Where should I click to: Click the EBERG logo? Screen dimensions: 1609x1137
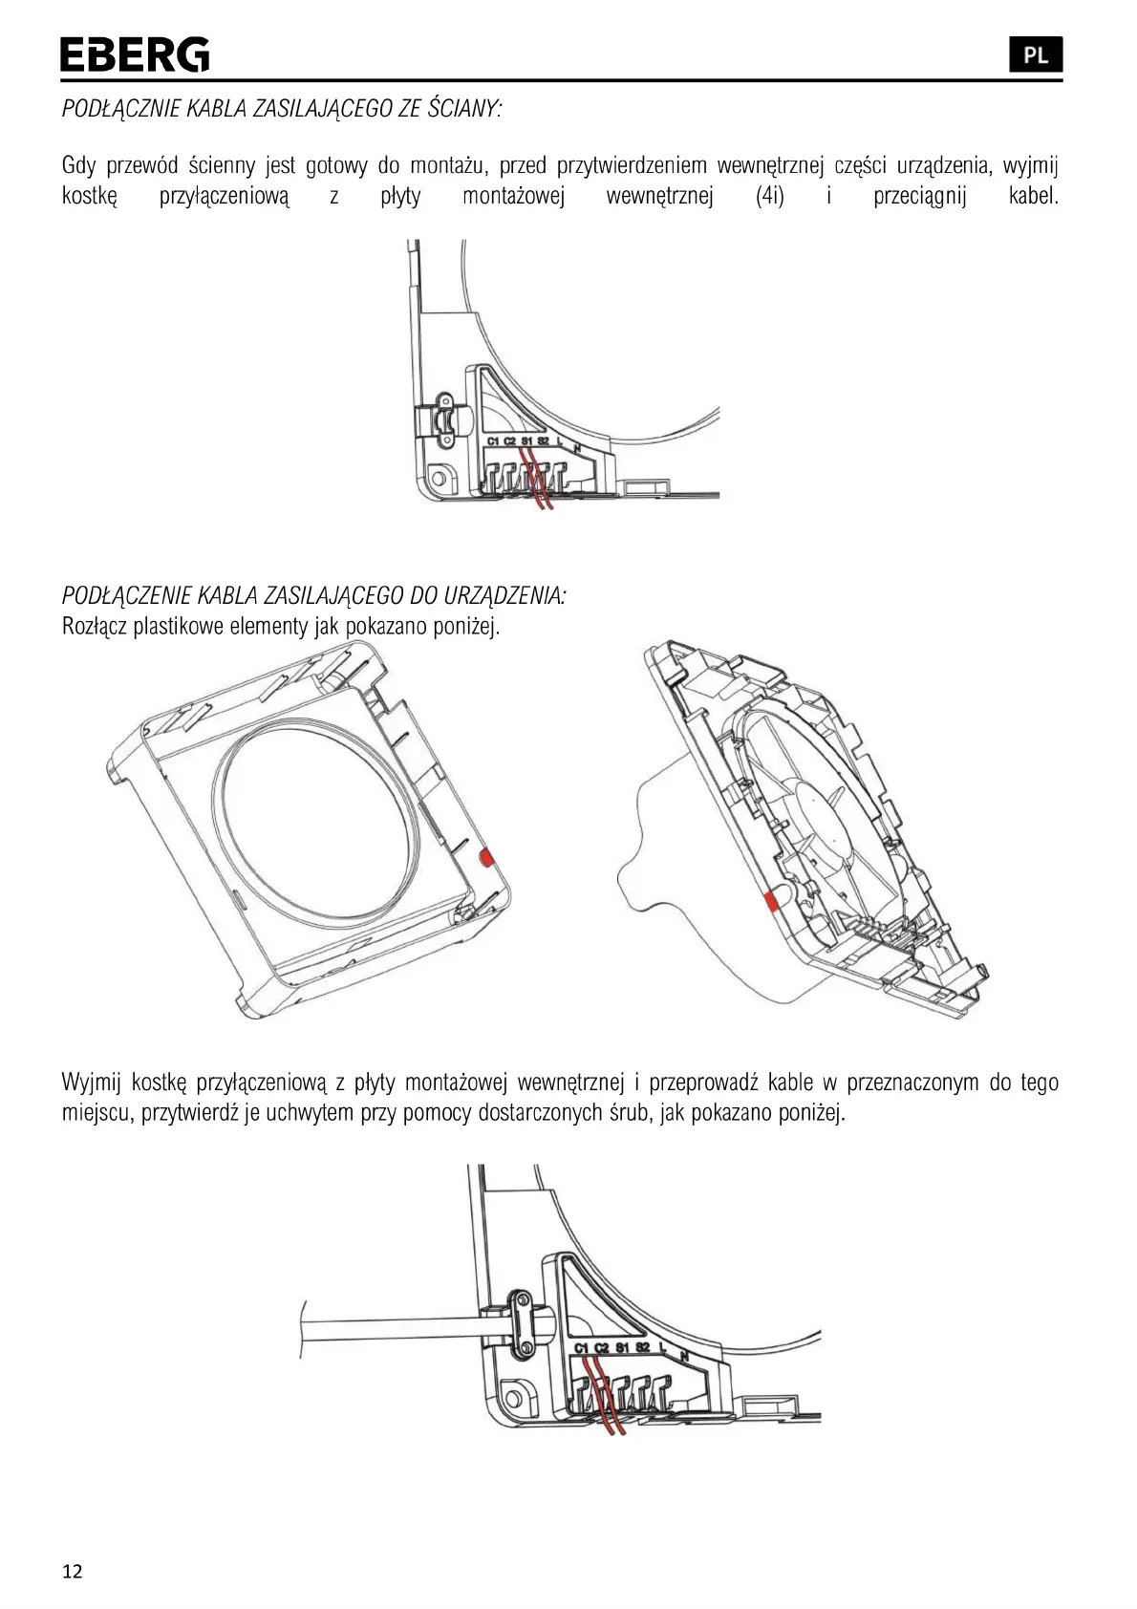(x=135, y=55)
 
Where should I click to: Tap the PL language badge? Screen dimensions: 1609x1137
(x=1035, y=55)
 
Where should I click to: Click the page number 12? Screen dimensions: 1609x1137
(x=72, y=1572)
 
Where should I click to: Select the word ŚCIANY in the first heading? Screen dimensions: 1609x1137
(x=462, y=108)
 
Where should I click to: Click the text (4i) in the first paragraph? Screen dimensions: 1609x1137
(x=769, y=198)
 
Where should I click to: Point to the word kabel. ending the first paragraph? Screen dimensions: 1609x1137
(x=1033, y=198)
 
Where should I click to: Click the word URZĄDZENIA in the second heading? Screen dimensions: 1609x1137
(x=514, y=596)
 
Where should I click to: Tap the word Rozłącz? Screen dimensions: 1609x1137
(x=95, y=628)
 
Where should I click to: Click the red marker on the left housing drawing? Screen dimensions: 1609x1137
(x=485, y=857)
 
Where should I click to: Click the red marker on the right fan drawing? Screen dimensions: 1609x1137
(x=769, y=899)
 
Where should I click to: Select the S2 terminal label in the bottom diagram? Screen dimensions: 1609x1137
(x=642, y=1347)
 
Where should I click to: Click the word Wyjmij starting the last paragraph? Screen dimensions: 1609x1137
(x=92, y=1083)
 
